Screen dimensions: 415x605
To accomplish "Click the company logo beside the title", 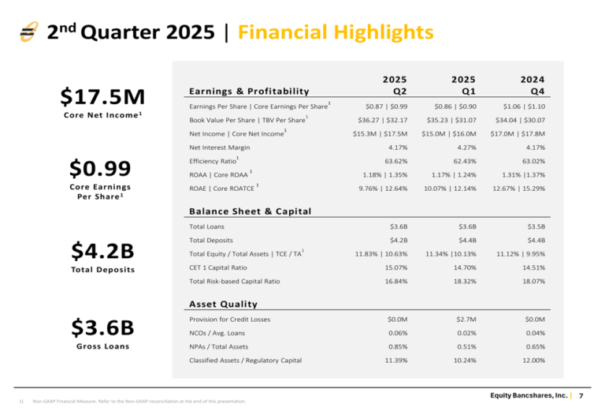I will (29, 32).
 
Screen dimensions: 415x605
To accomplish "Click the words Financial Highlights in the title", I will (335, 32).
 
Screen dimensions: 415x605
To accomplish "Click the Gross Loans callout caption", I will (103, 346).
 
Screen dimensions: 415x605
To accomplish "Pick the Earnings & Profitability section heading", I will (249, 91).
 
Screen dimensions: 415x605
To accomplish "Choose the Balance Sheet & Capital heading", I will (251, 211).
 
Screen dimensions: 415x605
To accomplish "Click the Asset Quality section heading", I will (223, 304).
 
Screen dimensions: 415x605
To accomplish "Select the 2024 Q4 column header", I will (533, 85).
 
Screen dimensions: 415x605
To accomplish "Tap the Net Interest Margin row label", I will (220, 148).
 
